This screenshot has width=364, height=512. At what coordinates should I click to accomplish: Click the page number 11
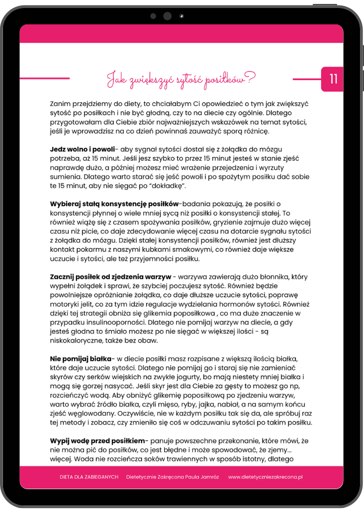click(333, 79)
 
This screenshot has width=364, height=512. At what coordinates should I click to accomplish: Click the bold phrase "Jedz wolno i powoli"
click(82, 149)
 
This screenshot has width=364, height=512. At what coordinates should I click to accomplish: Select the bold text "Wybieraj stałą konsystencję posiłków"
click(114, 204)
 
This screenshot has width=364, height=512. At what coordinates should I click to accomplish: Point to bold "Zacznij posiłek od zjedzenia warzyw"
click(110, 276)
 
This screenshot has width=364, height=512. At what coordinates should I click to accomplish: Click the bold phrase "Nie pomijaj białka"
click(81, 358)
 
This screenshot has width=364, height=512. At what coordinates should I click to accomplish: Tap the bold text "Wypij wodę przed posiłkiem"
click(97, 440)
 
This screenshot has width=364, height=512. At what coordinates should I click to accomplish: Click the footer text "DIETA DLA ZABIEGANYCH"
click(89, 477)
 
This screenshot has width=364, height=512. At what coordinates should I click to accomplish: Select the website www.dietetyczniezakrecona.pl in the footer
click(266, 477)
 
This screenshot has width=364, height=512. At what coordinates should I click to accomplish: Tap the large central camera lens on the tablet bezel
click(167, 16)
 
